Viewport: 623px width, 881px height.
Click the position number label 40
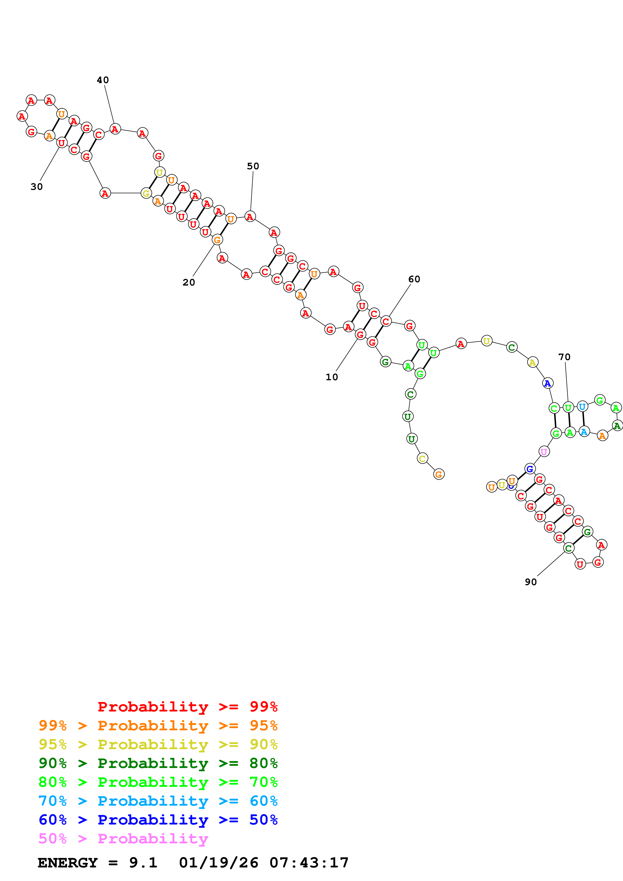103,80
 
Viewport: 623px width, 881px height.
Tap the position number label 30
36,187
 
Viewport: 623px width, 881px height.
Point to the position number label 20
188,283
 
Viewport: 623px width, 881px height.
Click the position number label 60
414,279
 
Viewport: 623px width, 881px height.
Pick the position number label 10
332,377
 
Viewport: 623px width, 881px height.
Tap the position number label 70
564,357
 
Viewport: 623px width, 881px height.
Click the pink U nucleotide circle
544,452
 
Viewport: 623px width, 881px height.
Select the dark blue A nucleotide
547,383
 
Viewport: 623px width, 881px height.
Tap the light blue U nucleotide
582,406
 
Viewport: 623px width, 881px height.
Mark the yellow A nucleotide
533,362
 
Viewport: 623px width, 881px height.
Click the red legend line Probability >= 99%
187,707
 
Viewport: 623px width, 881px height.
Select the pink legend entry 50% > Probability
123,839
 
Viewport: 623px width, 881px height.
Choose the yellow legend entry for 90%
158,744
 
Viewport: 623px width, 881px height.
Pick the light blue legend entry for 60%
158,801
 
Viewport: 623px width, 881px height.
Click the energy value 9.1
143,863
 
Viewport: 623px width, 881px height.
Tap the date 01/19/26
218,863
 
